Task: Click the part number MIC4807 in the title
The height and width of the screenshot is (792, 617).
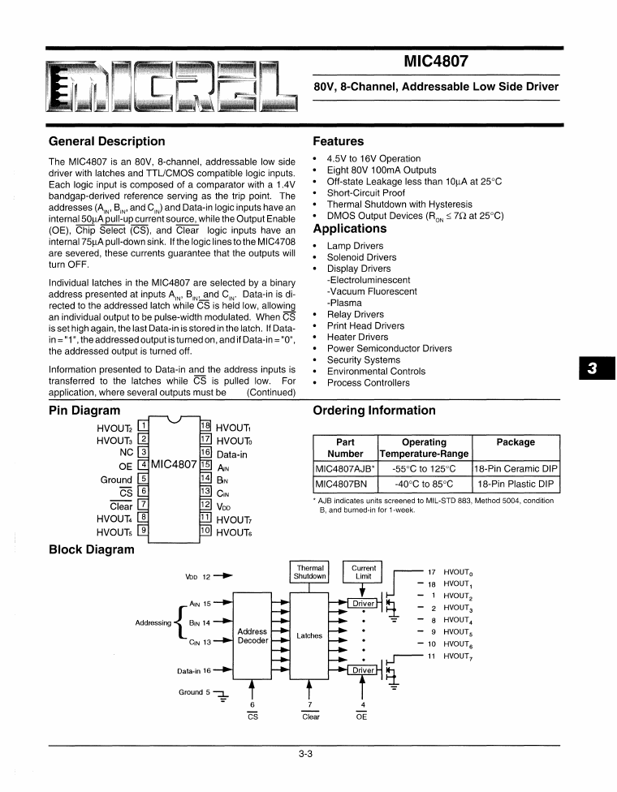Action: click(435, 61)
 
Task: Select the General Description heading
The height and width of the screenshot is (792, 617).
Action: click(106, 141)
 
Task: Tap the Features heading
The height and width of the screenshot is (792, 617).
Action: click(339, 141)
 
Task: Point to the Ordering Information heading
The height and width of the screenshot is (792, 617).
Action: click(373, 410)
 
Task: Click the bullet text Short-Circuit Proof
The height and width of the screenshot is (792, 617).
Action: click(365, 193)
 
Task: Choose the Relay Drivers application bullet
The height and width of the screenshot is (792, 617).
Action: click(355, 314)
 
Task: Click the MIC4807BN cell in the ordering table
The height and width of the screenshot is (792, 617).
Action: click(341, 484)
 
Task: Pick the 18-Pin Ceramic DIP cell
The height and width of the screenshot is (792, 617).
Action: click(516, 469)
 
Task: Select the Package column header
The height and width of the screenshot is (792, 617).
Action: click(516, 442)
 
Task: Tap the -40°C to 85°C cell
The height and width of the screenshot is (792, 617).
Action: click(425, 484)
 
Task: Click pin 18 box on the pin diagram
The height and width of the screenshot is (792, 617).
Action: click(205, 427)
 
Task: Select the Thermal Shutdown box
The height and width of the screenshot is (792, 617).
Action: click(310, 572)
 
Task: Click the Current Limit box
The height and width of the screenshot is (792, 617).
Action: click(364, 572)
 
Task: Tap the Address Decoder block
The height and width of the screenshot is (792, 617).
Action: click(252, 636)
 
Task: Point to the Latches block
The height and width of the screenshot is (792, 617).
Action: click(309, 636)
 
